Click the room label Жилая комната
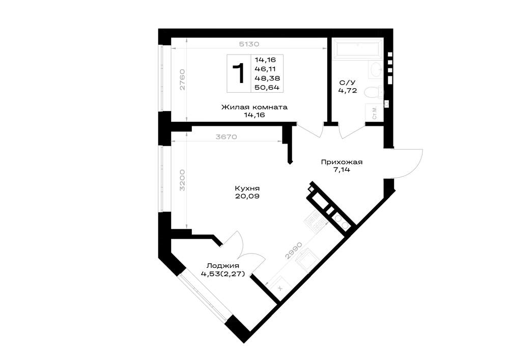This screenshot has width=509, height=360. tap(254, 107)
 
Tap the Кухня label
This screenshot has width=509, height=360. tap(247, 188)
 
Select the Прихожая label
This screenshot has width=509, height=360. tap(342, 162)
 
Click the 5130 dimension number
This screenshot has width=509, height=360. tap(249, 44)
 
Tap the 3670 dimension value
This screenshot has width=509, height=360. tap(227, 137)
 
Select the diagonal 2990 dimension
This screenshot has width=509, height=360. tap(294, 251)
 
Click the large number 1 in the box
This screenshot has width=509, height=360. tap(239, 74)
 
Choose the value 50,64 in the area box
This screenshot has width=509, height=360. tap(267, 88)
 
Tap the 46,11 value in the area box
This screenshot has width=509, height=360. tap(265, 69)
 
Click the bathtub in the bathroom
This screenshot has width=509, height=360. tap(358, 49)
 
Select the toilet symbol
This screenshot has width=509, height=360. tap(373, 92)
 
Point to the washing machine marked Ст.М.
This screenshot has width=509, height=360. tap(374, 113)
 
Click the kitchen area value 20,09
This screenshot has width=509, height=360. tap(247, 196)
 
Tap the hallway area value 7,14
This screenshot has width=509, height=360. tap(342, 170)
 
